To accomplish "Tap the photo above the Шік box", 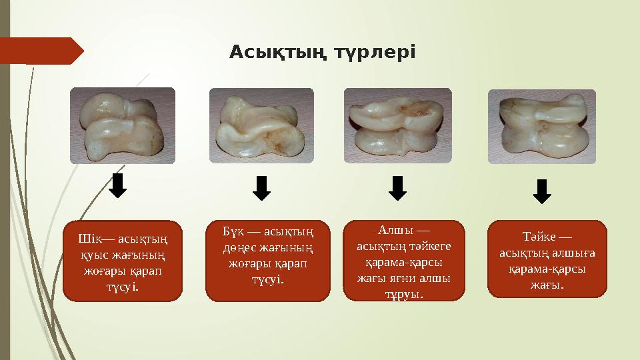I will (123, 125).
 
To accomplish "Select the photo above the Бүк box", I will (261, 125).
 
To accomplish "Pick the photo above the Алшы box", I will (397, 125).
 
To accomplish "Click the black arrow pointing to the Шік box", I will (118, 186).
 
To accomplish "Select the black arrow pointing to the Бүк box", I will (262, 188).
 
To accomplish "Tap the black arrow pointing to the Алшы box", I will (397, 188).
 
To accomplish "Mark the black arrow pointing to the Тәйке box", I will (543, 191).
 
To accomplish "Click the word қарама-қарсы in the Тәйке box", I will (547, 269).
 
